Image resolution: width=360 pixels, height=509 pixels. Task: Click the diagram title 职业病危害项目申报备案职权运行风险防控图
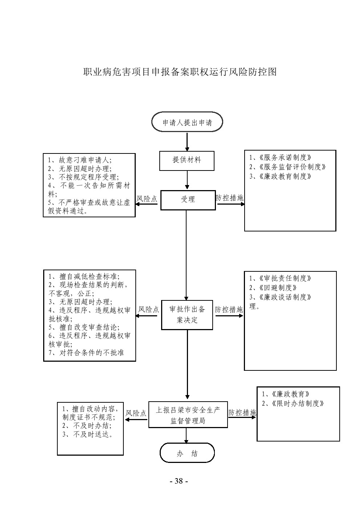click(180, 72)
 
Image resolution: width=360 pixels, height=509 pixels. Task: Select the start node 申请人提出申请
click(187, 123)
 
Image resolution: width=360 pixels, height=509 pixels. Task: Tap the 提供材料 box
click(187, 160)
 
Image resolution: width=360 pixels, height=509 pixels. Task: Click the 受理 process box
click(188, 199)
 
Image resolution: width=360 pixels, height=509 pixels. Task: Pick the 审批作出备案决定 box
click(187, 315)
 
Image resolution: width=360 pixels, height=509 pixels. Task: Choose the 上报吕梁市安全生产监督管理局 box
click(188, 415)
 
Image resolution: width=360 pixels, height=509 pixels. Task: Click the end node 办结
click(187, 453)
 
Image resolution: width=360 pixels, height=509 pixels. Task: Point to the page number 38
click(179, 481)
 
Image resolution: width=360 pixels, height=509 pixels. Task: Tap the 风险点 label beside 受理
click(147, 199)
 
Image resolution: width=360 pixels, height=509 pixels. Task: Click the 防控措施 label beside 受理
click(230, 198)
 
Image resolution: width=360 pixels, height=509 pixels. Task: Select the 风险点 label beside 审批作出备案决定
click(148, 309)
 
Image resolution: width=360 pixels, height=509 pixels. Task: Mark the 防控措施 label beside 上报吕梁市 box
click(242, 413)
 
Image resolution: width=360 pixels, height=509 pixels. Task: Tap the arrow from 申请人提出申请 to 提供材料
click(187, 142)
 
